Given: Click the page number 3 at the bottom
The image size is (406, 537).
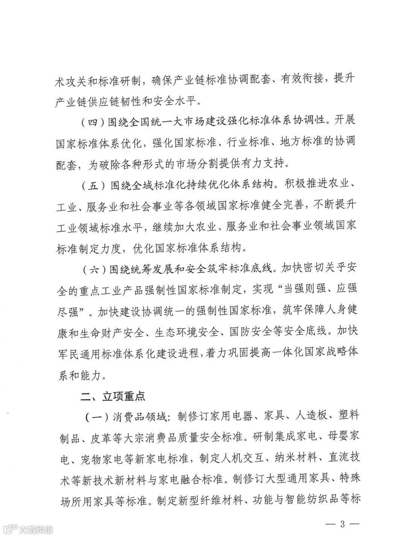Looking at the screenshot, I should (x=342, y=523).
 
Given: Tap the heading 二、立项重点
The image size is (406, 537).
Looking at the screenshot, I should (x=113, y=396).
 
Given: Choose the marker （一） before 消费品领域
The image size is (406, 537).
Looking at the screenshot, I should (x=95, y=417).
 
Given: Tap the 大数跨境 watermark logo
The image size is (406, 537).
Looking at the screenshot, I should (x=29, y=530).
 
